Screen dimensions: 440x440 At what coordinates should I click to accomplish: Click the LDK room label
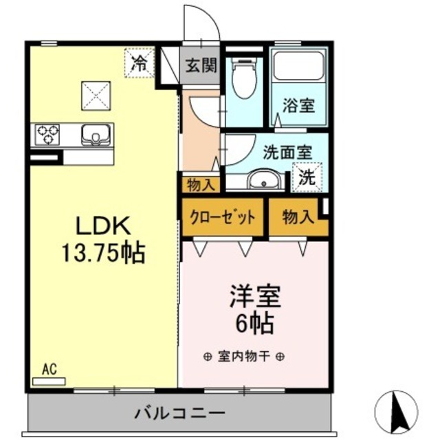tap(102, 226)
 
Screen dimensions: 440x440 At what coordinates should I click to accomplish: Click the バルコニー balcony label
tap(179, 415)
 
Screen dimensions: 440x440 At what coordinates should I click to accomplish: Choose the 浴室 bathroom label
tap(298, 106)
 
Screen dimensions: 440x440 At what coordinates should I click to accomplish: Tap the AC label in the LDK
tap(49, 371)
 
